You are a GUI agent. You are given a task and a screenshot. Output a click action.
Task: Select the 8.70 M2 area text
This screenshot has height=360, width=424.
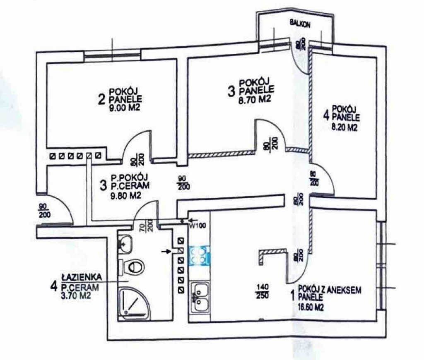click(255, 99)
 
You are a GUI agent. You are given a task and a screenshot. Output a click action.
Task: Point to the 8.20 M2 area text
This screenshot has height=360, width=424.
click(344, 127)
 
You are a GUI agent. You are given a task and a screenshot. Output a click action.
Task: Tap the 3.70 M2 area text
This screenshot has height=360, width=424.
click(76, 295)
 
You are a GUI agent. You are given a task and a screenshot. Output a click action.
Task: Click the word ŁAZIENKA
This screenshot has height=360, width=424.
click(82, 277)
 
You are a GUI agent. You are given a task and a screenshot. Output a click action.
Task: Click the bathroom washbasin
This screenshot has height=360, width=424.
click(125, 243)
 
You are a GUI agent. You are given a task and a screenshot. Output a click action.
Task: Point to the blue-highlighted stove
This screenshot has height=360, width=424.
click(200, 255)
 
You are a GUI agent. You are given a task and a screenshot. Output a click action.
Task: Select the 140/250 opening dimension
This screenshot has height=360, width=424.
click(262, 291)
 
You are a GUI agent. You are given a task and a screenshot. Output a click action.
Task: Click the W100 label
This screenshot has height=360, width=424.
click(198, 226)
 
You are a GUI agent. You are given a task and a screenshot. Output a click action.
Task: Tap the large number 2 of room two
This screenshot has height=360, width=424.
click(102, 100)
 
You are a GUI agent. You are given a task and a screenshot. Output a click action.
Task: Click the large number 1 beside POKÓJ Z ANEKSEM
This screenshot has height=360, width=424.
click(292, 296)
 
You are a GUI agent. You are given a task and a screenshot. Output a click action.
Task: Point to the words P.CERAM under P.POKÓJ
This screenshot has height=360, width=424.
click(130, 186)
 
